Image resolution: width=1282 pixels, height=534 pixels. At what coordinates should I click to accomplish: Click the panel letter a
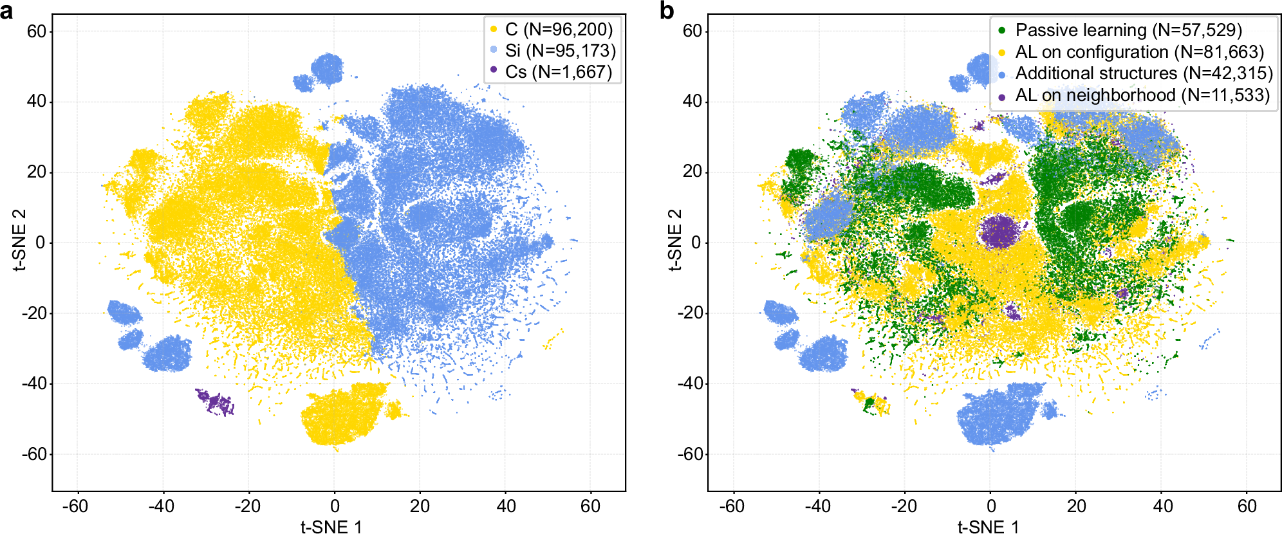pos(7,11)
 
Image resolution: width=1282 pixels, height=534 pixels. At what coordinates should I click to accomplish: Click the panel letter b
pos(667,11)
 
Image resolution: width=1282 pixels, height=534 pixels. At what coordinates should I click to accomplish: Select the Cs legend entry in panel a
pos(552,71)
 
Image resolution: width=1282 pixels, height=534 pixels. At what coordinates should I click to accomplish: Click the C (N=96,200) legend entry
pos(552,29)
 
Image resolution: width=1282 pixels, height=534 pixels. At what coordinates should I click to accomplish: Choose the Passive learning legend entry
pos(1120,30)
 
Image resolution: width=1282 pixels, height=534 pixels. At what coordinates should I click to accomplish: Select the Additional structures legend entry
pos(1135,73)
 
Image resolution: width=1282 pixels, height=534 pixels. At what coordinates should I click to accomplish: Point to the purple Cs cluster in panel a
pos(216,402)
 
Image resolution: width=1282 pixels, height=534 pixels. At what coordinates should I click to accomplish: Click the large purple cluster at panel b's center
pos(999,232)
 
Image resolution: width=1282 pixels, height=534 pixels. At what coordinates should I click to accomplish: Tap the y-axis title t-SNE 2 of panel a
pos(19,239)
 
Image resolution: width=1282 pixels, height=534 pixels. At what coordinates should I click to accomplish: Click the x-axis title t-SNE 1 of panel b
pos(988,527)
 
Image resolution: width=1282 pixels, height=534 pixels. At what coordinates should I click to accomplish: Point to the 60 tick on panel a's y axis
pos(36,31)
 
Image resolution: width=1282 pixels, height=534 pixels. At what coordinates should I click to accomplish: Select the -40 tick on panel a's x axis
pos(161,506)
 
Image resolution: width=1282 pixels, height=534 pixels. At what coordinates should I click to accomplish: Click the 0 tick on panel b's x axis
pos(990,506)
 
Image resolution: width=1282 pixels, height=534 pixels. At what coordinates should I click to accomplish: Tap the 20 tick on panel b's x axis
pos(1076,506)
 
